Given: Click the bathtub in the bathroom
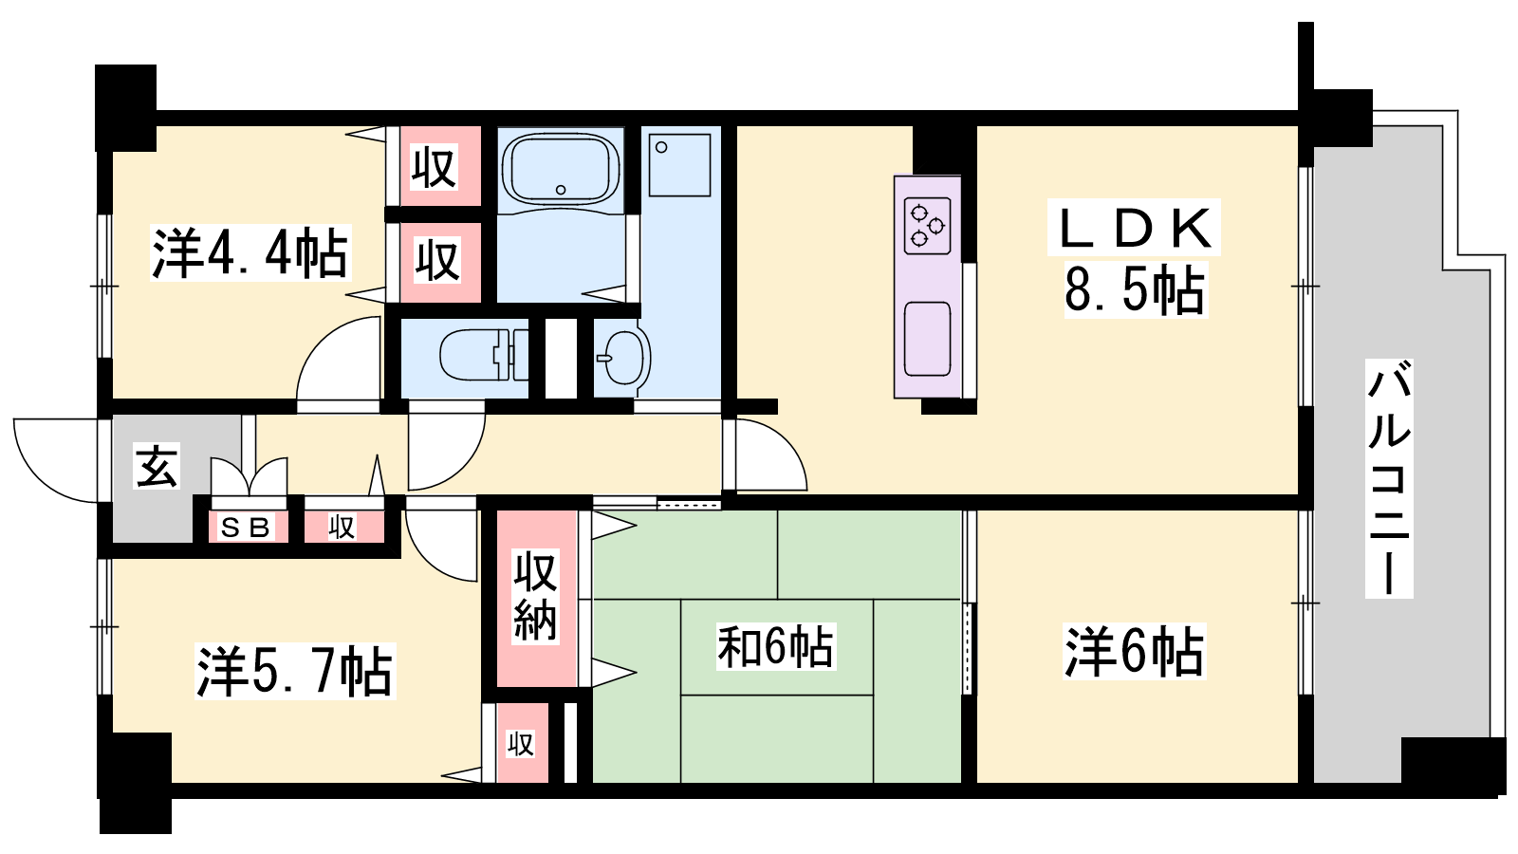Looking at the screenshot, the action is (x=561, y=169).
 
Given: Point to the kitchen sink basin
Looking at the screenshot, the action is (x=927, y=338).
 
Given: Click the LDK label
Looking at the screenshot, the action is (x=1134, y=228).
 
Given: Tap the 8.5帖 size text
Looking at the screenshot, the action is (x=1135, y=290).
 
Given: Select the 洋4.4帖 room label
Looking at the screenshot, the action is (x=250, y=253).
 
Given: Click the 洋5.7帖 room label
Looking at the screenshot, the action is (x=295, y=672).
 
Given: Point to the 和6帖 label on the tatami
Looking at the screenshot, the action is (x=776, y=646).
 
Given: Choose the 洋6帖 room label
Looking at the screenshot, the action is (x=1135, y=651).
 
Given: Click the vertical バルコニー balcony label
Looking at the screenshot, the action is (x=1389, y=478).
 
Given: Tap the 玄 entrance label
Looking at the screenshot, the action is (x=157, y=466).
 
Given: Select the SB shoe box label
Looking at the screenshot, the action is (x=246, y=528).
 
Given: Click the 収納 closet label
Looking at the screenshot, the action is (x=535, y=597).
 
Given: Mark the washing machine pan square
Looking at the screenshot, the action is (x=679, y=165).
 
